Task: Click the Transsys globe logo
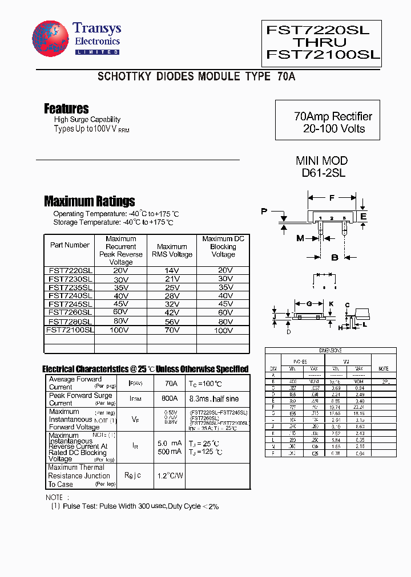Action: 50,40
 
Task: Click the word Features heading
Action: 66,108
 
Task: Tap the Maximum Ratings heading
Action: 89,201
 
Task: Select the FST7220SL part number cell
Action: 70,270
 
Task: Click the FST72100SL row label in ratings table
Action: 70,330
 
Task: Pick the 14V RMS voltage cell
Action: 171,270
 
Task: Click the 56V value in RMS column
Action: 171,322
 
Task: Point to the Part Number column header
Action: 70,245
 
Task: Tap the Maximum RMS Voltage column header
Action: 171,250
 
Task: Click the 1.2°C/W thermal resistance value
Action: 170,476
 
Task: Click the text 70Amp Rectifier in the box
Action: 333,116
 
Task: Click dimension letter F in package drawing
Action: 332,198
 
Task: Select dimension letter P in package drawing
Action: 264,212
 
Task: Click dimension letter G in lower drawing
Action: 309,304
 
